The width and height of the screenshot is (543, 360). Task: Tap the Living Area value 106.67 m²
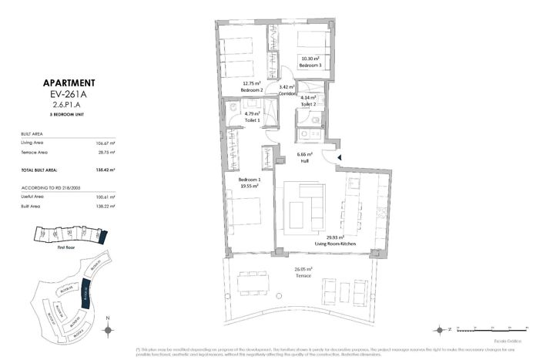tap(106, 143)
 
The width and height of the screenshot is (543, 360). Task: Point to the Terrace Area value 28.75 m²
tap(106, 153)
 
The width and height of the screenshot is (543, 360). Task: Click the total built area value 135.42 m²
tap(106, 170)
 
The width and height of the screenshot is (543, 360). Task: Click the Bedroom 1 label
tap(249, 180)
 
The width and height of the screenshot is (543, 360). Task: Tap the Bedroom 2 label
tap(252, 90)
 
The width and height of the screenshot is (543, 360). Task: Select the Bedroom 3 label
tap(310, 66)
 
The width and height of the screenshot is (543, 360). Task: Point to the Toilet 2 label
tap(309, 104)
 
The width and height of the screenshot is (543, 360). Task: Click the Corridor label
tap(287, 93)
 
